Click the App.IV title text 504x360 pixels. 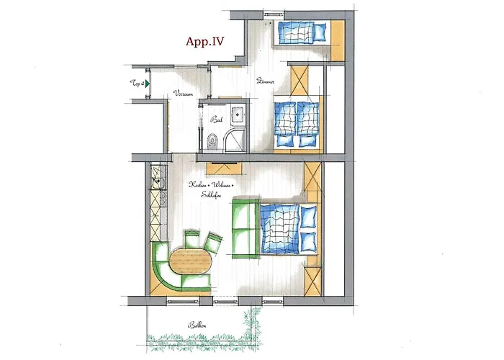[205, 41]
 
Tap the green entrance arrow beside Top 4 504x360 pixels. [146, 84]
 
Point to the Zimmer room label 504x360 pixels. [265, 82]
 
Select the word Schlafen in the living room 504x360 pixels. [212, 195]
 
